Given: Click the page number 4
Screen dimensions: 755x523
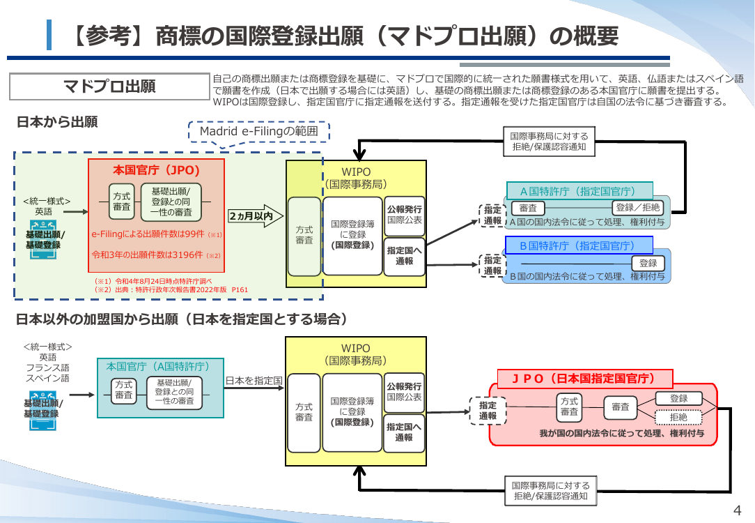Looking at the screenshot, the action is click(x=737, y=510).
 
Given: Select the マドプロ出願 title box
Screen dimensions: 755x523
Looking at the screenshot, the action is click(x=110, y=86).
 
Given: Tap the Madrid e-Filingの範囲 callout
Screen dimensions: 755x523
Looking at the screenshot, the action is click(x=259, y=132).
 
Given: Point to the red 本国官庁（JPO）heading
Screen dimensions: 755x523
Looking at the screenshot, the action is click(x=157, y=170).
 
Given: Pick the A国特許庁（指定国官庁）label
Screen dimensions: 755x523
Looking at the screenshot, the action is click(x=579, y=191).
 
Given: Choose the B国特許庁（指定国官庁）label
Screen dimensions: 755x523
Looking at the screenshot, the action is click(x=579, y=245).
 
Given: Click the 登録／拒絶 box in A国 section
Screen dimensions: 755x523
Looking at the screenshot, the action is click(x=637, y=208).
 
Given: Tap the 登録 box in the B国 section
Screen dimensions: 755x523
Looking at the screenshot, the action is click(x=648, y=263).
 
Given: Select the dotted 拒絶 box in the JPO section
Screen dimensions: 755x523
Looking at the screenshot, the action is click(x=678, y=418).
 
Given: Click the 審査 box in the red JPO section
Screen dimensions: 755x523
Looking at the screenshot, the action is click(x=620, y=407).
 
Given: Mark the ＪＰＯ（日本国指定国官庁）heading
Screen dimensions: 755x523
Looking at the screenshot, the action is click(x=584, y=379).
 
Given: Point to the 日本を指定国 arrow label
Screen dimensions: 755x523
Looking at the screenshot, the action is click(x=254, y=381).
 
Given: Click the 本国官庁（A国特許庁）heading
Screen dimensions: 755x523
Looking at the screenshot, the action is click(x=158, y=367).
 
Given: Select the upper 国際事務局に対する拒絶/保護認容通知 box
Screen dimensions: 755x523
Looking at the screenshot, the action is click(x=549, y=142).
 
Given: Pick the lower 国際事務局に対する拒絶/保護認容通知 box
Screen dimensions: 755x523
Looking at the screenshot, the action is click(x=551, y=491).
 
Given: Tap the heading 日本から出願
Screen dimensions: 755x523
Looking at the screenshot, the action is click(x=57, y=122).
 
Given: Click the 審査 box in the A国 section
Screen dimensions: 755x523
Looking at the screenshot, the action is click(x=528, y=208).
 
